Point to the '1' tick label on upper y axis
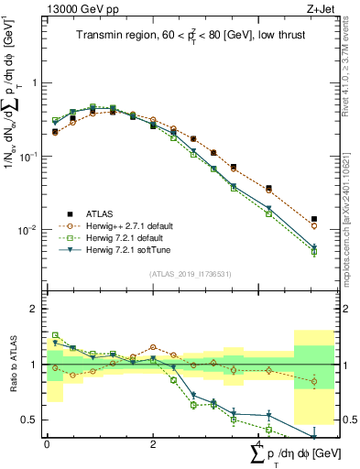pos(35,82)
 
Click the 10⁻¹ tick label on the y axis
pos(31,156)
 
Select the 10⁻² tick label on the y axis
pos(31,229)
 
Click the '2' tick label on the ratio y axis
pos(35,309)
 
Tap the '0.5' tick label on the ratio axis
pos(31,420)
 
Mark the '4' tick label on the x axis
pos(259,445)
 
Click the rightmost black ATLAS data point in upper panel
pos(314,219)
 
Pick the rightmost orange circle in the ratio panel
pos(314,381)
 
